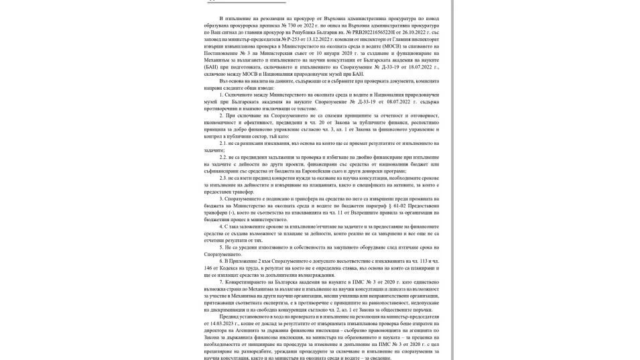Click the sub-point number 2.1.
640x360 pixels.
point(223,143)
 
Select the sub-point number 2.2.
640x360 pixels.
point(223,158)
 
